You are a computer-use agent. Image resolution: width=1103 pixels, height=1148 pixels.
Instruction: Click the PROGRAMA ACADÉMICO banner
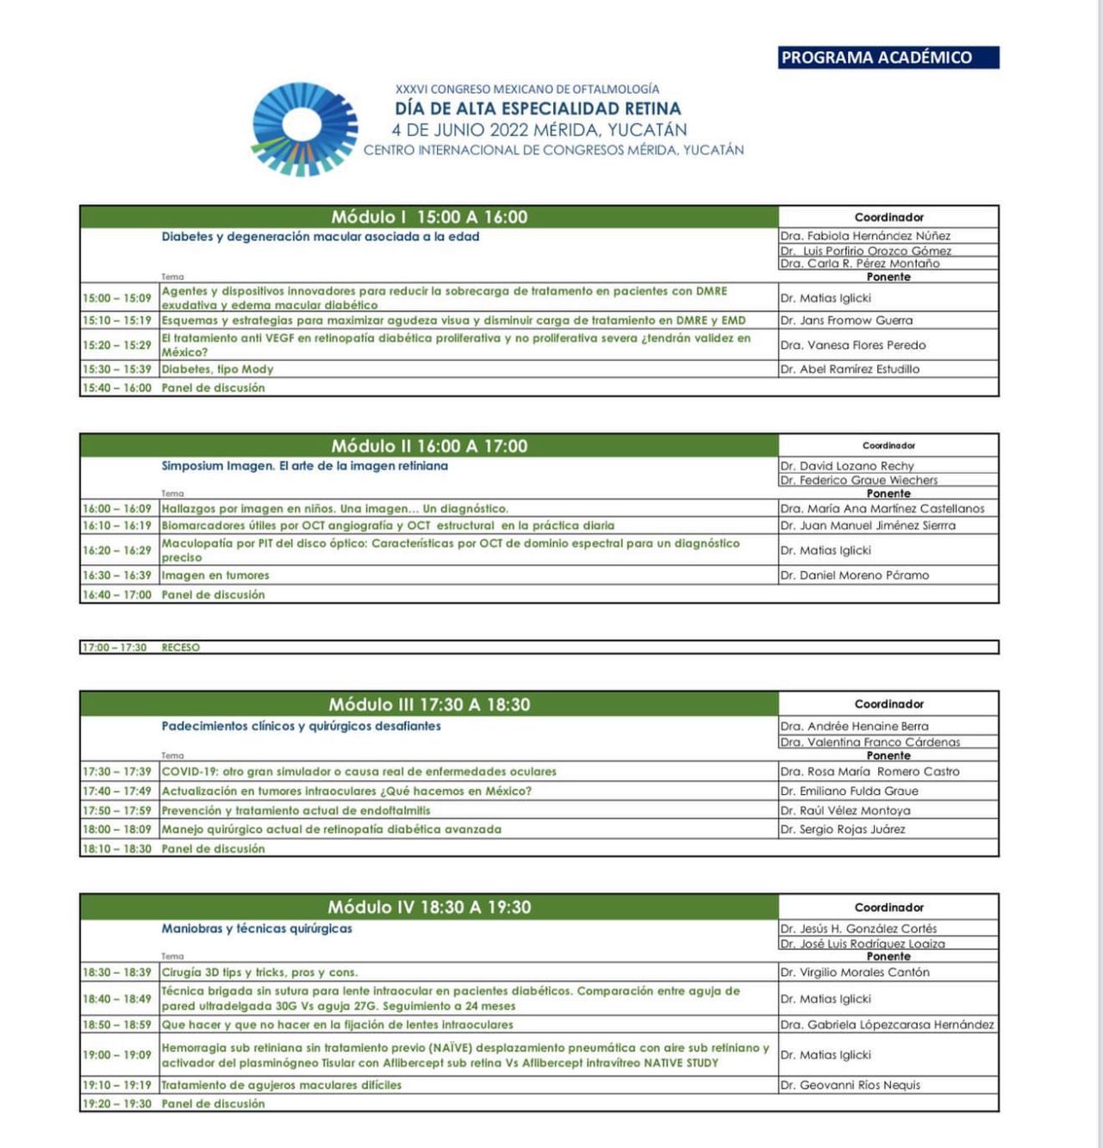click(x=888, y=58)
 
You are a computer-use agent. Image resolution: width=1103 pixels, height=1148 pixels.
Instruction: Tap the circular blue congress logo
click(x=303, y=129)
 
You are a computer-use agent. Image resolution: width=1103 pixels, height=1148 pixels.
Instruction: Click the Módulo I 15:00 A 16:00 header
click(x=429, y=217)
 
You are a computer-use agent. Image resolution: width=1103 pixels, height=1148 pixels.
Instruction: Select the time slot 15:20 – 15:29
click(x=117, y=344)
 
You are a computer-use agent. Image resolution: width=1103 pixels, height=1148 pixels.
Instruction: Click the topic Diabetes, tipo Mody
click(x=217, y=369)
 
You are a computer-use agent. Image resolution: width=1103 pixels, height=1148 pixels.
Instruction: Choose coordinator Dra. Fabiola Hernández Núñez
click(x=865, y=236)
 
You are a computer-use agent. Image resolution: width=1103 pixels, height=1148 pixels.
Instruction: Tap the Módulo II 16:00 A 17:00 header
click(x=429, y=446)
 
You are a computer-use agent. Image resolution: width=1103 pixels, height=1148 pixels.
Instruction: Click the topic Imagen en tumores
click(x=215, y=575)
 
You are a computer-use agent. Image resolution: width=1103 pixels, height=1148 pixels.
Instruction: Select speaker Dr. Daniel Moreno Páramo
click(x=854, y=575)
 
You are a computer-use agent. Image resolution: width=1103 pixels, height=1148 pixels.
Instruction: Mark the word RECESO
click(x=180, y=648)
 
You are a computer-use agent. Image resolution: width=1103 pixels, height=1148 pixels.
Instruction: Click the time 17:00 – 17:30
click(x=115, y=648)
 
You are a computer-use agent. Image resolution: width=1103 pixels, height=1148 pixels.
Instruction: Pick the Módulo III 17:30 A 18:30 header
click(x=429, y=704)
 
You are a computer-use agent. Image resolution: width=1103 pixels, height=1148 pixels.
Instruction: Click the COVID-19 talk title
click(x=358, y=772)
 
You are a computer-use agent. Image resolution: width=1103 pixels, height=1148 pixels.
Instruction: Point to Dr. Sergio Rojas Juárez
click(x=843, y=829)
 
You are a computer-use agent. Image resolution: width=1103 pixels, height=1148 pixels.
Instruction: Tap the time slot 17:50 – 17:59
click(x=117, y=810)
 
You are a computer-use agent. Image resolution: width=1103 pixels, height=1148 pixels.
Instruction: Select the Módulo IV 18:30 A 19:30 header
click(x=429, y=907)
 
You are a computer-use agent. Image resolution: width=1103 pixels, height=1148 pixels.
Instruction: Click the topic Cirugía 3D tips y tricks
click(x=259, y=972)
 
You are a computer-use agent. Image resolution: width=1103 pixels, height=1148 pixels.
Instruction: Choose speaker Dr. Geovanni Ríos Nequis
click(x=850, y=1085)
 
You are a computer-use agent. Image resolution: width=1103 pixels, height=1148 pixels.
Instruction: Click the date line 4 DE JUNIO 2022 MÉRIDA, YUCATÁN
click(x=539, y=130)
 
